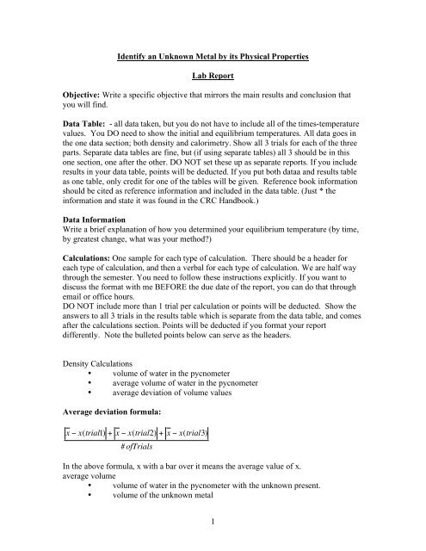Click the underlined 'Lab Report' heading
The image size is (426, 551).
213,90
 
